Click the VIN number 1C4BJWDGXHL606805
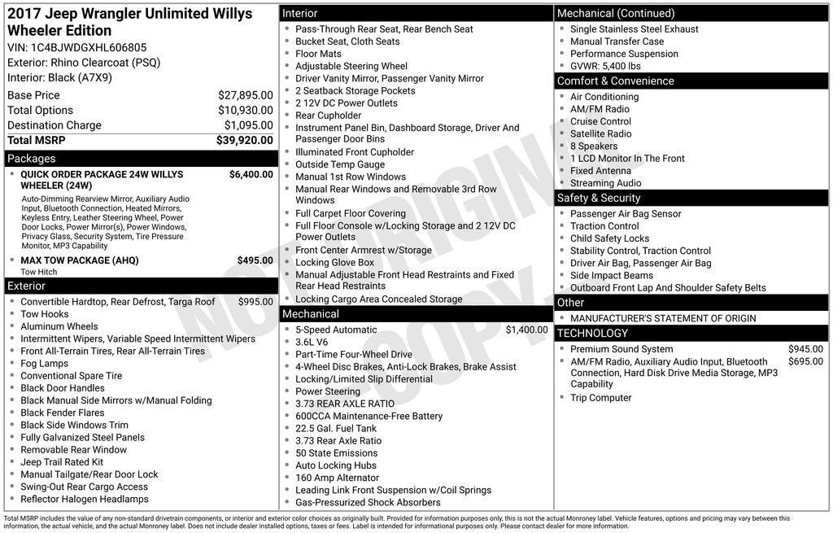coord(89,47)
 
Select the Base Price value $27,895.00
coord(246,95)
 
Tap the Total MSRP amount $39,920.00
coord(245,140)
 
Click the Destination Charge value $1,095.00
coord(249,125)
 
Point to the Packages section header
coord(32,159)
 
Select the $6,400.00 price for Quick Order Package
coord(251,174)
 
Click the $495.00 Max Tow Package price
coord(255,260)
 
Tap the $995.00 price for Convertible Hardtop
coord(255,302)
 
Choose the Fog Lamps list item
coord(45,364)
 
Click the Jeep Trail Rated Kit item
coord(62,462)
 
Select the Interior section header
coord(300,14)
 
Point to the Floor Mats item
coord(318,54)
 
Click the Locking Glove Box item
coord(334,263)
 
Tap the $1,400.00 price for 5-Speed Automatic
coord(527,330)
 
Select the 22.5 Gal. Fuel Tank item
coord(336,428)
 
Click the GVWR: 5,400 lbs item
coord(605,66)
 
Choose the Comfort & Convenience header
coord(615,81)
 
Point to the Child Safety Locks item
coord(609,238)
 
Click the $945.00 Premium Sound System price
coord(805,349)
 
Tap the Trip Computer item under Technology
coord(600,398)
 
